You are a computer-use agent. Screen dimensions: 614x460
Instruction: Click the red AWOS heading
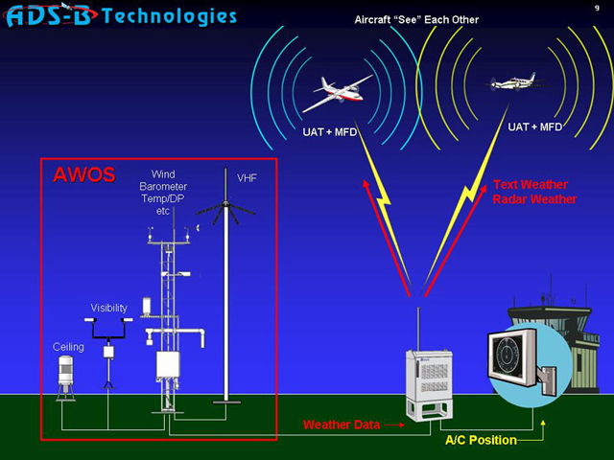click(x=84, y=174)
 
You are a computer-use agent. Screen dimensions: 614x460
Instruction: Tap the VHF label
click(x=247, y=178)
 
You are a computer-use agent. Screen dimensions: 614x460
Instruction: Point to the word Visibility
click(x=108, y=308)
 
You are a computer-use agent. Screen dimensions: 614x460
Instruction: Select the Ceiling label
click(x=68, y=347)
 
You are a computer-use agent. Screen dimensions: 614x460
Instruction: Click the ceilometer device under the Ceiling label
click(x=66, y=378)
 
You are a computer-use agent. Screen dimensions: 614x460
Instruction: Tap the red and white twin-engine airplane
click(x=337, y=94)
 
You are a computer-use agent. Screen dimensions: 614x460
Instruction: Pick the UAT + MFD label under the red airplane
click(x=329, y=132)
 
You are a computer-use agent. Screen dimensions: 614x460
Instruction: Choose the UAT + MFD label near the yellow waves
click(x=534, y=126)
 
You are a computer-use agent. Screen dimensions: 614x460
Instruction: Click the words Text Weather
click(x=531, y=184)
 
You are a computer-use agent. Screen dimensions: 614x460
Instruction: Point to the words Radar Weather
click(x=534, y=199)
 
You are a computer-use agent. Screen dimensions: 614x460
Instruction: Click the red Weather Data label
click(x=342, y=425)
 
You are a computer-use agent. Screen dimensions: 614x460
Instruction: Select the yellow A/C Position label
click(x=481, y=440)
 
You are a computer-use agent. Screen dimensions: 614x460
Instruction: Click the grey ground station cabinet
click(x=430, y=384)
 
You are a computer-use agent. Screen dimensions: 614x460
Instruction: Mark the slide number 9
click(x=597, y=8)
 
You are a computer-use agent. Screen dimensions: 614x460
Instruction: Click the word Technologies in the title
click(x=169, y=16)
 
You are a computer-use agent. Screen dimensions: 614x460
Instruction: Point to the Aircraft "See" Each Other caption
click(x=416, y=19)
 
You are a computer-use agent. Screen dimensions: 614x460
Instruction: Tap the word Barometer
click(x=163, y=187)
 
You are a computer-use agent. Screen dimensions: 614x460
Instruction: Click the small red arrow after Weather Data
click(x=394, y=425)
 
